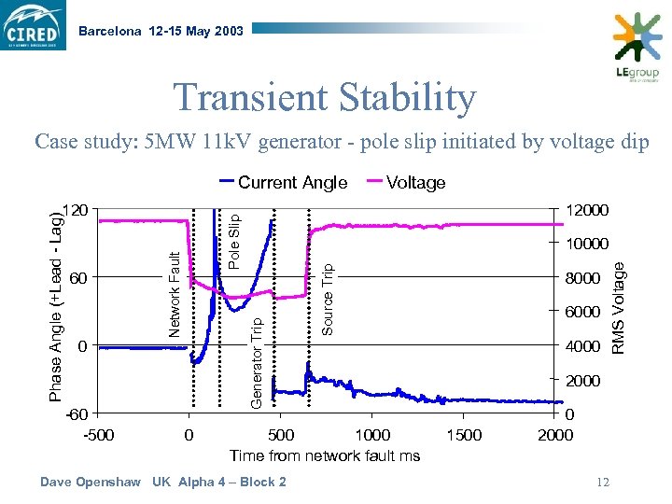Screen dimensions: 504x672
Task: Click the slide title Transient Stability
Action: coord(325,97)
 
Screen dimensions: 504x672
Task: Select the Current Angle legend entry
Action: coord(292,183)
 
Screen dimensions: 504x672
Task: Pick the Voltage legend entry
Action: coord(415,183)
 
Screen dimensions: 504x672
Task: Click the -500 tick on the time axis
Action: coord(99,435)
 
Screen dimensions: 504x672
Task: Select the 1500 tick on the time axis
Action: coord(464,435)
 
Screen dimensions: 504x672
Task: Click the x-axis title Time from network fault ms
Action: coord(325,455)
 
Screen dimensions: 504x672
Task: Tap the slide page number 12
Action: coord(602,482)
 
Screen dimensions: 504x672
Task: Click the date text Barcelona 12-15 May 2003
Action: coord(161,31)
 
